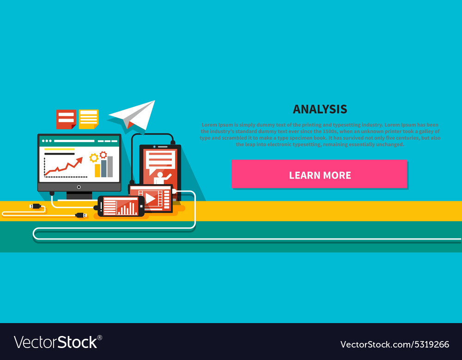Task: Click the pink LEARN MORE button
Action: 319,174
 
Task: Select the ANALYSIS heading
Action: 320,109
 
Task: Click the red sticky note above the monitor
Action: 66,119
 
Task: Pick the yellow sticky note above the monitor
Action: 88,118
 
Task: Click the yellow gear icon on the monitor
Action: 94,158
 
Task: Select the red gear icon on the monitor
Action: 103,155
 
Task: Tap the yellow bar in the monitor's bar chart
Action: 97,170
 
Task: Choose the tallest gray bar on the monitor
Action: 110,166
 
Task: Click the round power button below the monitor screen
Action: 79,187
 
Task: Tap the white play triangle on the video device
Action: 150,198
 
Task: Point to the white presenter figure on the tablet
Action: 161,177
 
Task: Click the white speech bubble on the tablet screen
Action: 160,159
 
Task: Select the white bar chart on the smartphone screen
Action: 127,209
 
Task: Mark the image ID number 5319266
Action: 426,344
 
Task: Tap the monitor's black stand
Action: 79,195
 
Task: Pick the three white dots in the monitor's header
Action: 47,141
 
